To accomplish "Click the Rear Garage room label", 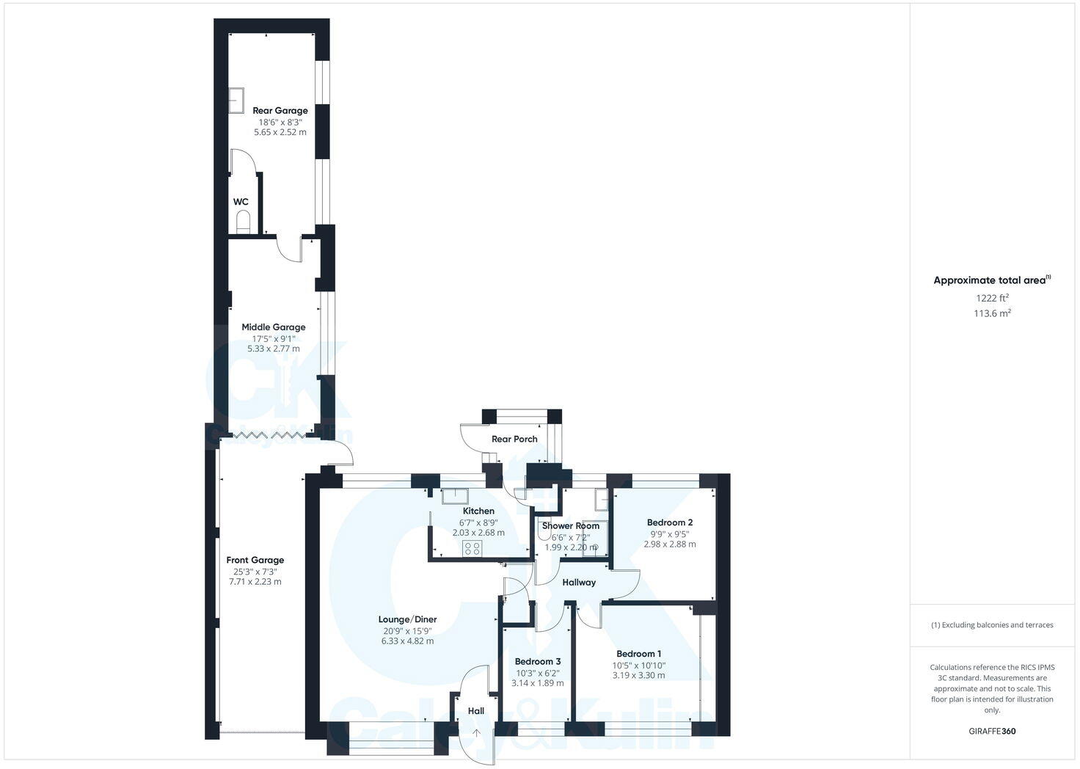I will (280, 111).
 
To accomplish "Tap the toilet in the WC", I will (244, 221).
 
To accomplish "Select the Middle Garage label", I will (274, 327).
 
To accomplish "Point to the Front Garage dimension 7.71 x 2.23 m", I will (255, 582).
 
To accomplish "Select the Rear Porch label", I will (514, 439).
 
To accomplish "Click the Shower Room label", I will (570, 525).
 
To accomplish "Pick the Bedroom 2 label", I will (669, 522).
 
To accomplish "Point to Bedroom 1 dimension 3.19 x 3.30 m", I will (638, 675).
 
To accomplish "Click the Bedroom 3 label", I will (537, 661).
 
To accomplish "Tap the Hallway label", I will (579, 583).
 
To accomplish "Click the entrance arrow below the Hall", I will (476, 732).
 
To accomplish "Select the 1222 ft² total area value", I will (992, 298).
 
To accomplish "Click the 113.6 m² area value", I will (992, 313).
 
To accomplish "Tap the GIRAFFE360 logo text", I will (992, 731).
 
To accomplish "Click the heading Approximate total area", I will (990, 280).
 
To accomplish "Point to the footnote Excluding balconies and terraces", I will (992, 625).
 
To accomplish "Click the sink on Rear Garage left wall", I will (236, 101).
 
